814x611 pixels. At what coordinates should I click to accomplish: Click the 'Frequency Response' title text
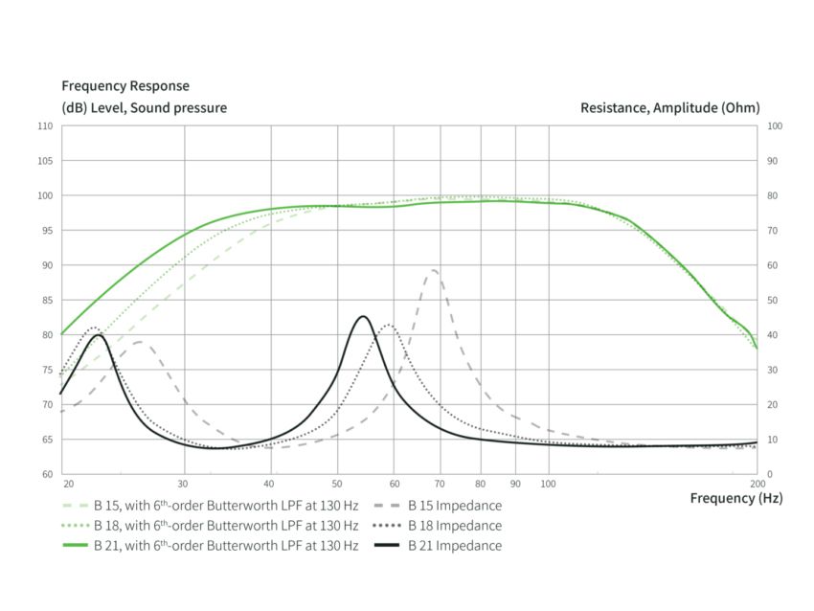tap(125, 86)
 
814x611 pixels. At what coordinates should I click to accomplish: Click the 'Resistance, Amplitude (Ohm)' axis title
tap(669, 108)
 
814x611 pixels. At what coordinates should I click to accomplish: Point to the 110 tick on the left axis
tap(45, 126)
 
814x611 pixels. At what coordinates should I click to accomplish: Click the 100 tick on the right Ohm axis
tap(775, 126)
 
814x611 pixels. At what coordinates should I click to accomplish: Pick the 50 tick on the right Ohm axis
tap(773, 300)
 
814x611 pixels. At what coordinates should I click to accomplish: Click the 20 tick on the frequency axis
tap(67, 484)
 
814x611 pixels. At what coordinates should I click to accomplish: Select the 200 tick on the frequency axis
tap(757, 484)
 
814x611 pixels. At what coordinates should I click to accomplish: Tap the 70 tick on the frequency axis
tap(441, 484)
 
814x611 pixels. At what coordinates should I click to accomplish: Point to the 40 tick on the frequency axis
tap(271, 484)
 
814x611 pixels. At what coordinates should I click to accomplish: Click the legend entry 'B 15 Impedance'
tap(455, 505)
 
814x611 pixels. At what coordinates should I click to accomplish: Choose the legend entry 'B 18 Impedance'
tap(455, 525)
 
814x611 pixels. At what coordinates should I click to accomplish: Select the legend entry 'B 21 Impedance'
tap(455, 546)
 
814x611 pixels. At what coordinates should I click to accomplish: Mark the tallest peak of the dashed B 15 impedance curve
tap(434, 270)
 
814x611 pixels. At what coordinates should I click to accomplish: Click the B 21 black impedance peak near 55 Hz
tap(362, 316)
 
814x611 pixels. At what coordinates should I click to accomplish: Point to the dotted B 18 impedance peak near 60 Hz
tap(388, 325)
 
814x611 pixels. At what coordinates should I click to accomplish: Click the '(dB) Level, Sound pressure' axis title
tap(145, 108)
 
